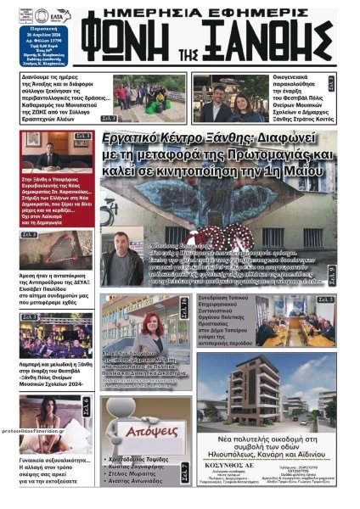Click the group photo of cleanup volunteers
[149, 96]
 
